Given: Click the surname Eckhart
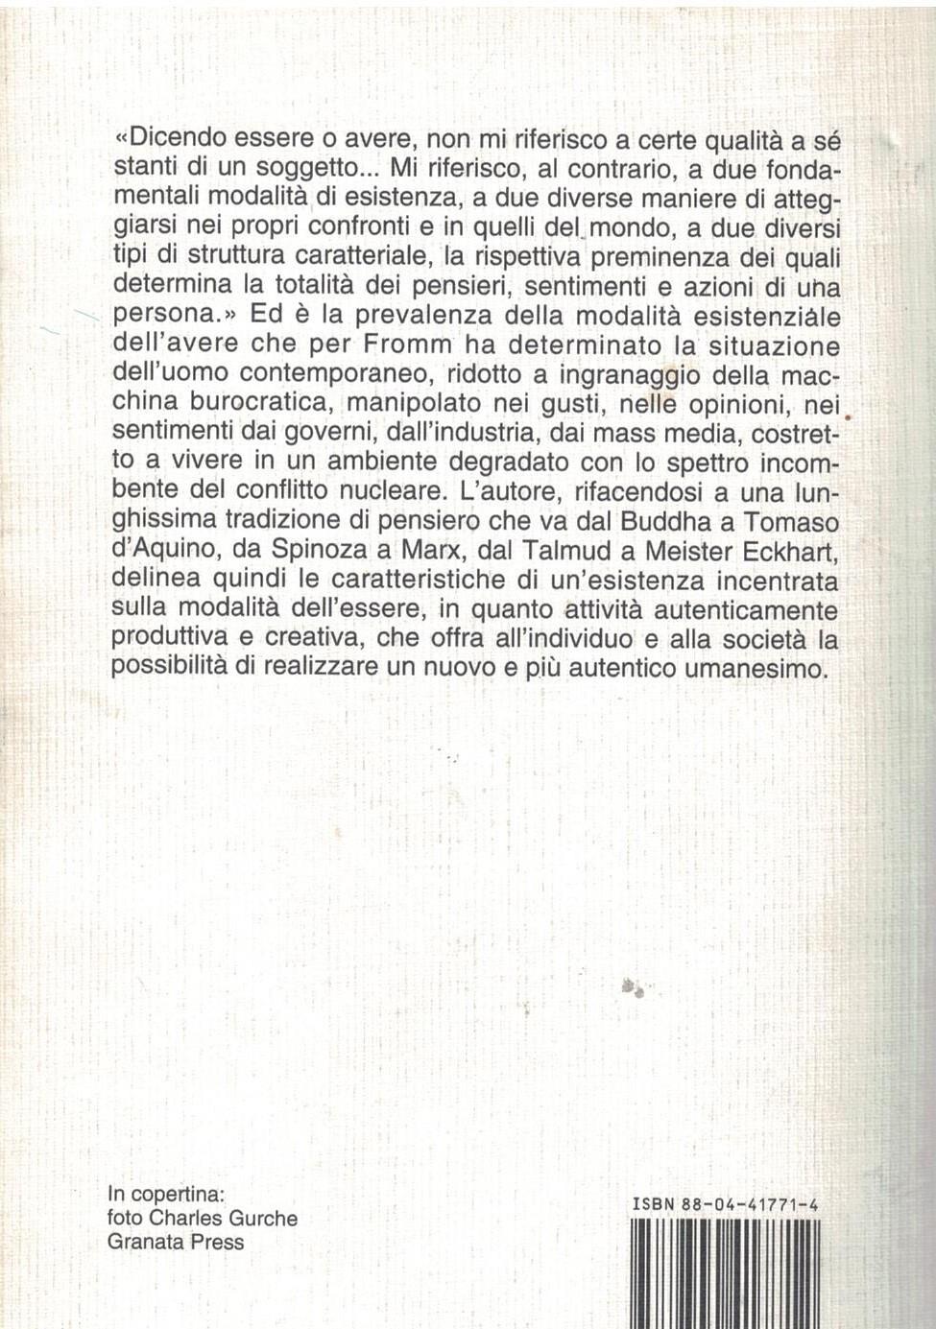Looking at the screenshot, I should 790,552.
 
